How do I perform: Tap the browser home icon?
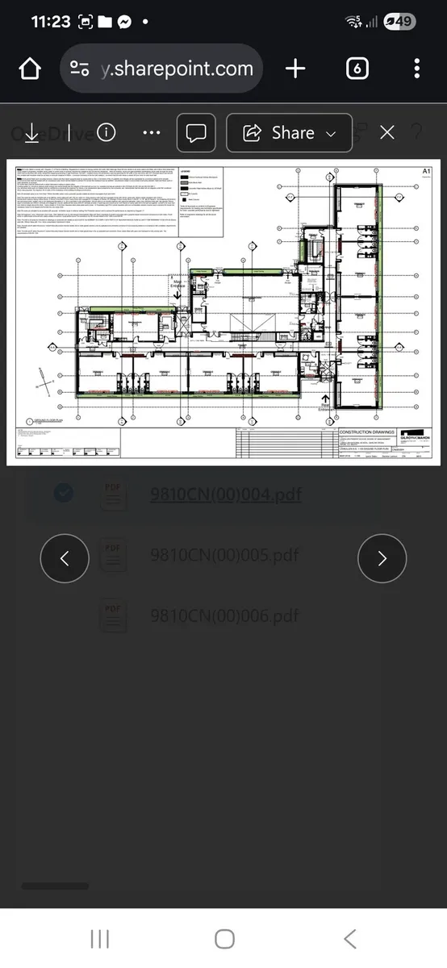pos(30,69)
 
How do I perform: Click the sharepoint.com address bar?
pos(161,69)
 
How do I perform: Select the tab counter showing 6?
pos(357,69)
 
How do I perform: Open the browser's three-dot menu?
pos(416,69)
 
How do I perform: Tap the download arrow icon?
pos(31,133)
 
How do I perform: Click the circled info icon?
pos(106,133)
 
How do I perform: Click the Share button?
pos(290,133)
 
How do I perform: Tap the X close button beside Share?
pos(387,133)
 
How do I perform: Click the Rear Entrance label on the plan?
pos(326,407)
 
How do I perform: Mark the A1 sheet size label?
pos(427,171)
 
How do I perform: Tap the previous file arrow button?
pos(65,558)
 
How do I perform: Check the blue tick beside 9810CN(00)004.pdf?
pos(64,492)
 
